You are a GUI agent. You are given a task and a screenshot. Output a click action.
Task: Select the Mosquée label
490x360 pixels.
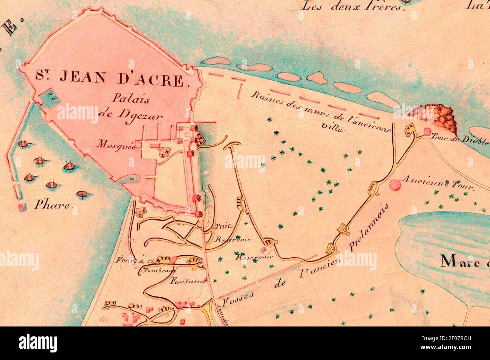[x=116, y=143]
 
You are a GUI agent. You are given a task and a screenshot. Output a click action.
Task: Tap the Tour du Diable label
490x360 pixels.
[x=459, y=138]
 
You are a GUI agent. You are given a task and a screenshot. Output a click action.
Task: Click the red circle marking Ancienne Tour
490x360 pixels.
[x=395, y=185]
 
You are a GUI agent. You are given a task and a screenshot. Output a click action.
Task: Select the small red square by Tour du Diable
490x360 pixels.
[x=427, y=131]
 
